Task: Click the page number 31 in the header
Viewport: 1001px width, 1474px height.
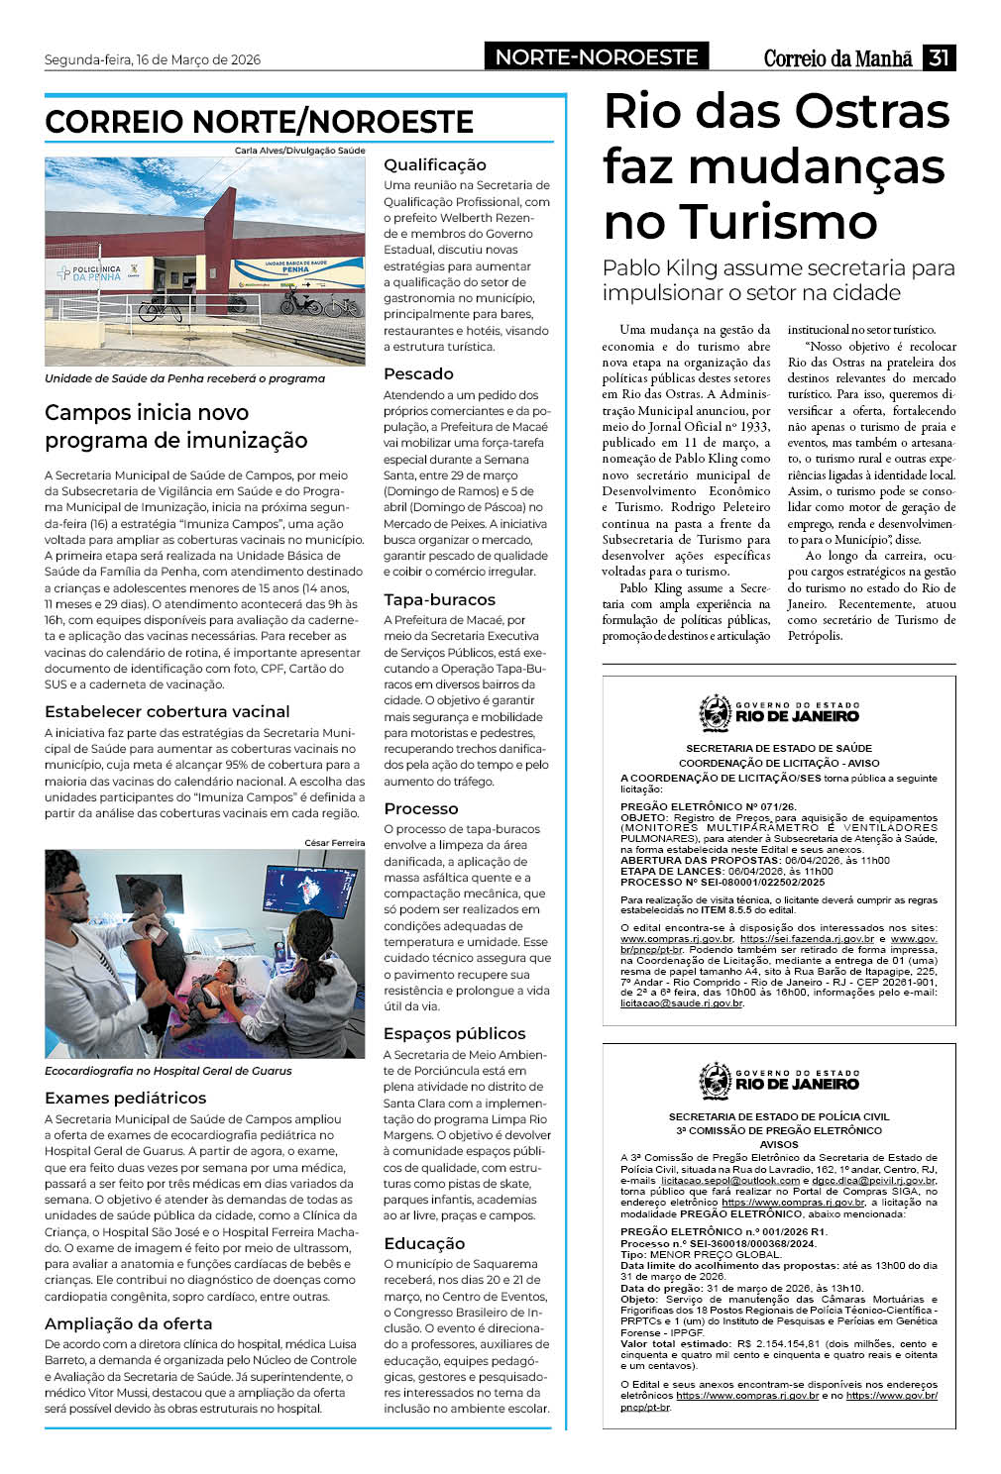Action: click(x=939, y=57)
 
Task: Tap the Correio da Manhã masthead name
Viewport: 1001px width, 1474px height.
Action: click(x=837, y=58)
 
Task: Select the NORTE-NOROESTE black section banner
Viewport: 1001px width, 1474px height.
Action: click(x=597, y=57)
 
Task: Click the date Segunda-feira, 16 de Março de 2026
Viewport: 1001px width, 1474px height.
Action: click(x=153, y=59)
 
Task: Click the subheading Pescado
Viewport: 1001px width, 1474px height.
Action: click(x=418, y=373)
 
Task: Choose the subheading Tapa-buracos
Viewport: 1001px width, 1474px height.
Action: click(x=439, y=599)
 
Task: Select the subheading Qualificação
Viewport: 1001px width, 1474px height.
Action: click(x=435, y=164)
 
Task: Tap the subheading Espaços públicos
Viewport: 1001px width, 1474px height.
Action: click(x=454, y=1033)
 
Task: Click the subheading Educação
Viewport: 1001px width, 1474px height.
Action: click(x=424, y=1243)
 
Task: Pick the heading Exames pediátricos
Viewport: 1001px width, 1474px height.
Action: click(x=126, y=1098)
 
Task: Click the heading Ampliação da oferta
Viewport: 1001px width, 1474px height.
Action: click(x=129, y=1323)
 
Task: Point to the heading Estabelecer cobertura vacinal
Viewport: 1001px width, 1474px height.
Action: click(x=167, y=711)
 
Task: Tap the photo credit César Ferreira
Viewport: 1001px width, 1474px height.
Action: click(x=334, y=843)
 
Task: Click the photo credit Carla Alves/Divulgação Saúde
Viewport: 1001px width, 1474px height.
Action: click(x=299, y=151)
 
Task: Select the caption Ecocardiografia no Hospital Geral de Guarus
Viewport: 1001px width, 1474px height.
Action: click(x=168, y=1071)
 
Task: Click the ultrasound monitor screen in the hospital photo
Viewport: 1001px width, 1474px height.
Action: click(x=310, y=889)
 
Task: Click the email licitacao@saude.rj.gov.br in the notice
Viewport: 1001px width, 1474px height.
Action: click(x=681, y=1003)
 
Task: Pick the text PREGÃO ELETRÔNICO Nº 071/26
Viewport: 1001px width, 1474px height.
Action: click(x=708, y=807)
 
